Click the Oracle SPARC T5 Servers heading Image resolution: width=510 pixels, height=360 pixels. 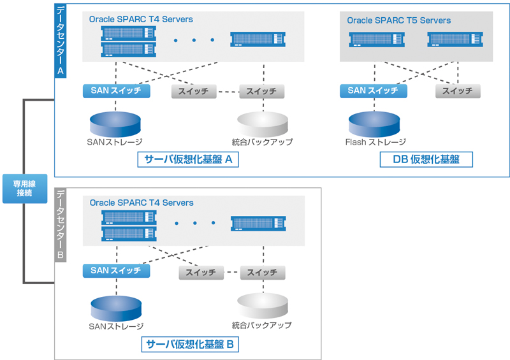pyautogui.click(x=398, y=20)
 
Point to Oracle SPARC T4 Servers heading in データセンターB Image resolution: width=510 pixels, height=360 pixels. pyautogui.click(x=142, y=203)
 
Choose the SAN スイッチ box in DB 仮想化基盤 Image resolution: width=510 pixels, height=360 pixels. pyautogui.click(x=373, y=90)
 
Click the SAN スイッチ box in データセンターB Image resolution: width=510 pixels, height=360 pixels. pyautogui.click(x=116, y=271)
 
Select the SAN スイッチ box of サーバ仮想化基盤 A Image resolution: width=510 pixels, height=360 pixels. pyautogui.click(x=116, y=90)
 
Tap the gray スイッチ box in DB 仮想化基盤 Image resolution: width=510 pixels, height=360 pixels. pyautogui.click(x=457, y=90)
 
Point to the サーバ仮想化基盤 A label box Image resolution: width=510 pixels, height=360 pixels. pyautogui.click(x=187, y=159)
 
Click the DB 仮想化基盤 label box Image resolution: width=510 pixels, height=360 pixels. pyautogui.click(x=426, y=159)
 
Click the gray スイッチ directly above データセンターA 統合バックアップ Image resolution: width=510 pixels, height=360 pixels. pyautogui.click(x=261, y=91)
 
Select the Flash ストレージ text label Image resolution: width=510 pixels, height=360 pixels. pyautogui.click(x=375, y=142)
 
